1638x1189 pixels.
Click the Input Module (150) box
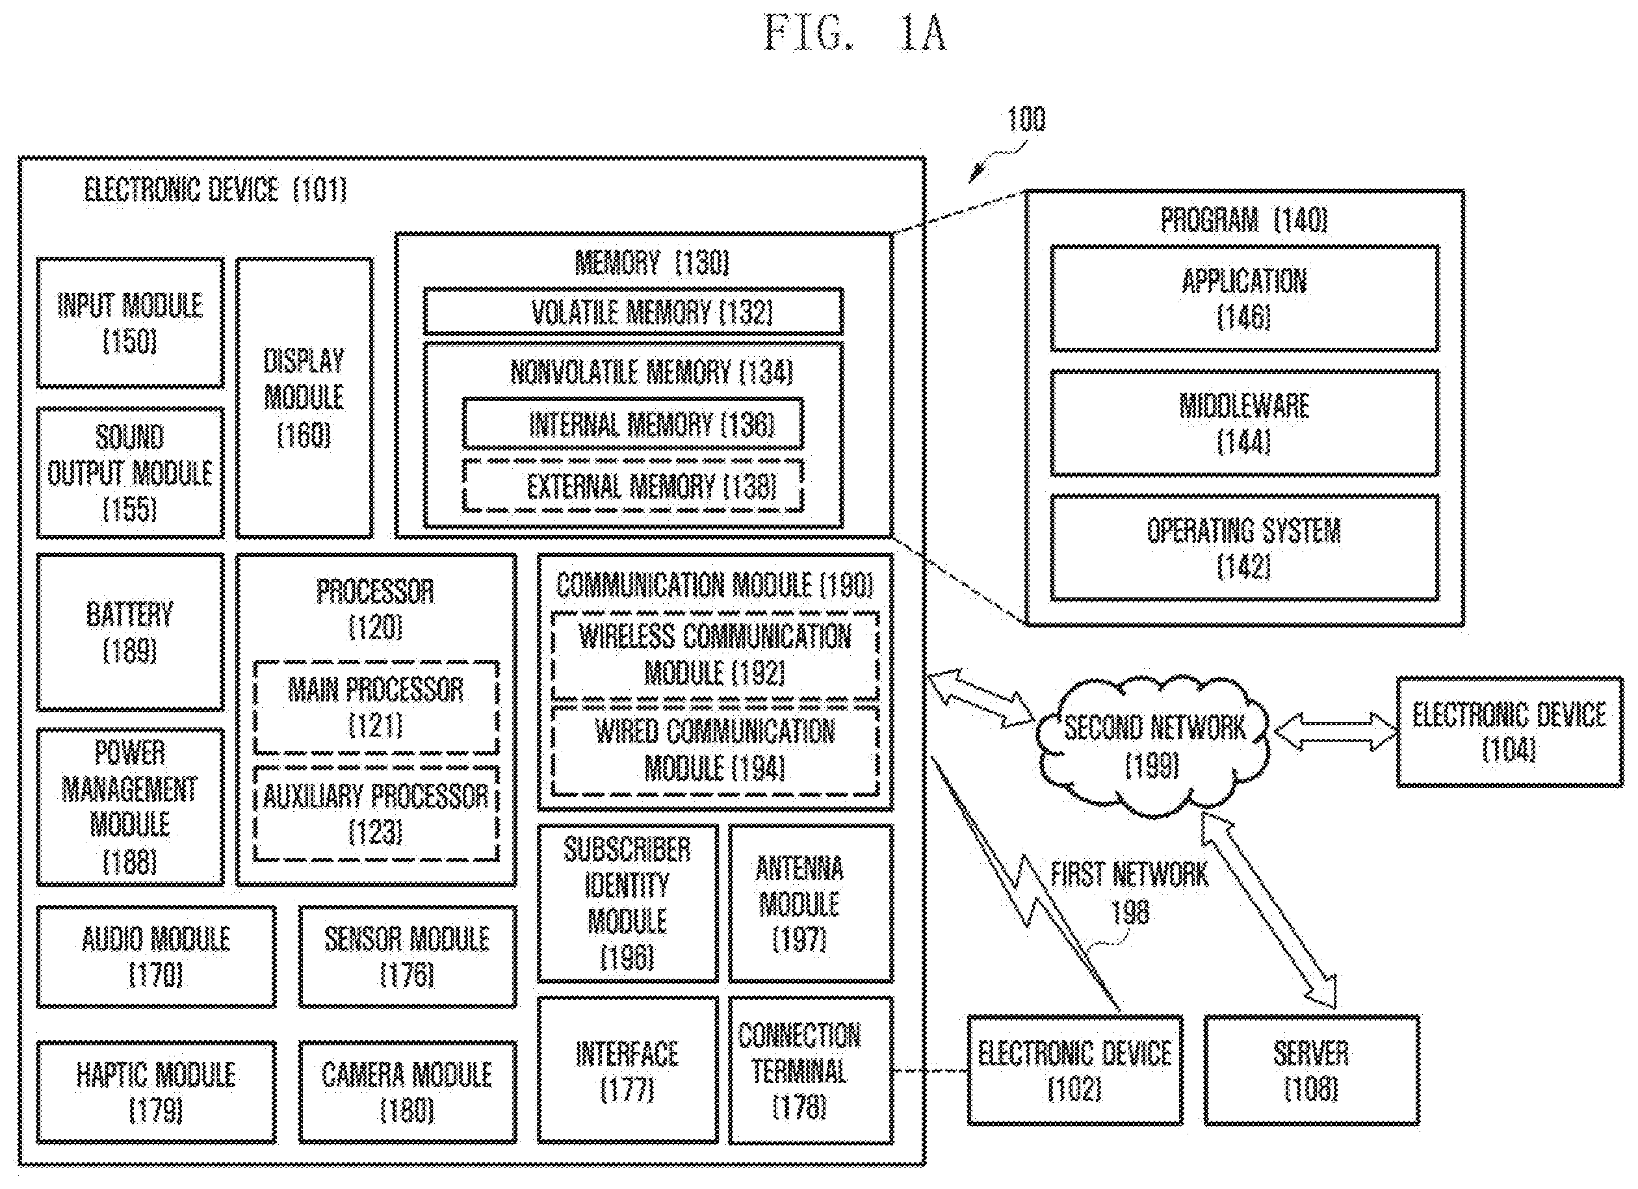tap(130, 322)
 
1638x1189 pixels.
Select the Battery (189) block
tap(130, 632)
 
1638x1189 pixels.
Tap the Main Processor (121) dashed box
tap(376, 707)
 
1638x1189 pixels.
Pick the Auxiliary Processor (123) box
tap(376, 813)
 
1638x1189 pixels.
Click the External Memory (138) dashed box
tap(632, 486)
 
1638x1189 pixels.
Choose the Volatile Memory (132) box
tap(632, 311)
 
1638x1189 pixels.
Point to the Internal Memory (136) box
tap(632, 423)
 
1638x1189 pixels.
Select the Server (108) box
tap(1312, 1070)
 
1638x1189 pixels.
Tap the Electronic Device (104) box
tap(1509, 731)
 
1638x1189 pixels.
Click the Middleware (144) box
tap(1244, 423)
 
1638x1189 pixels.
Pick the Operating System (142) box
tap(1244, 547)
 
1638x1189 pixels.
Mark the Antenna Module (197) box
tap(811, 903)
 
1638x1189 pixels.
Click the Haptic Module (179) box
tap(156, 1091)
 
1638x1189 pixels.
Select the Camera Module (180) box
tap(408, 1091)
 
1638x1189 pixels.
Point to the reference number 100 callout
tap(1026, 119)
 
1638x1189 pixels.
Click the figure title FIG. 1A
tap(855, 33)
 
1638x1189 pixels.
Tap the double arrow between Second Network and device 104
tap(1334, 731)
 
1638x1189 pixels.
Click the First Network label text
tap(1129, 874)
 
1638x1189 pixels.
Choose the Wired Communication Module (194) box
tap(715, 750)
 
